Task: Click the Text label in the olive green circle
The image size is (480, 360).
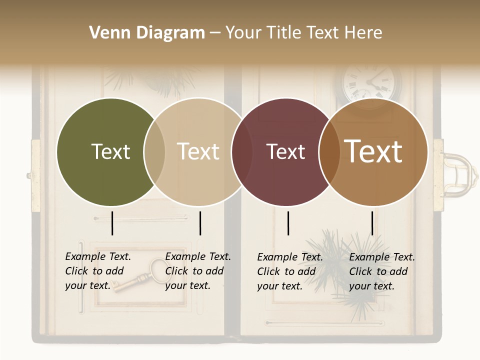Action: click(110, 151)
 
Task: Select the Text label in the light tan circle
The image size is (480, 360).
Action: click(198, 151)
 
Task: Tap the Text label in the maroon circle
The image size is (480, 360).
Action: click(285, 151)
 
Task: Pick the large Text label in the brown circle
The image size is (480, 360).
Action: click(373, 151)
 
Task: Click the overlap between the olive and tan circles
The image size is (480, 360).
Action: click(154, 152)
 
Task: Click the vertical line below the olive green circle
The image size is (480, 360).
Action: click(112, 223)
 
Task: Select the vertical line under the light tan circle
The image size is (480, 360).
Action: click(200, 223)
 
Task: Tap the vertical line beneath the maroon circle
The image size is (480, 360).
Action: click(288, 223)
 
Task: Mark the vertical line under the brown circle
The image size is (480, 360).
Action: click(372, 223)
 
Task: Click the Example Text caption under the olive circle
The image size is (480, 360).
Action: click(97, 271)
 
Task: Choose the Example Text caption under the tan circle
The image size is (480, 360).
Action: click(197, 271)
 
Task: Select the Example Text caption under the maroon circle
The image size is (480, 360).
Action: click(289, 271)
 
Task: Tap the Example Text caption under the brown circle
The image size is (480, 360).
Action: click(381, 271)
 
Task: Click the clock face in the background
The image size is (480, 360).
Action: click(371, 82)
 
